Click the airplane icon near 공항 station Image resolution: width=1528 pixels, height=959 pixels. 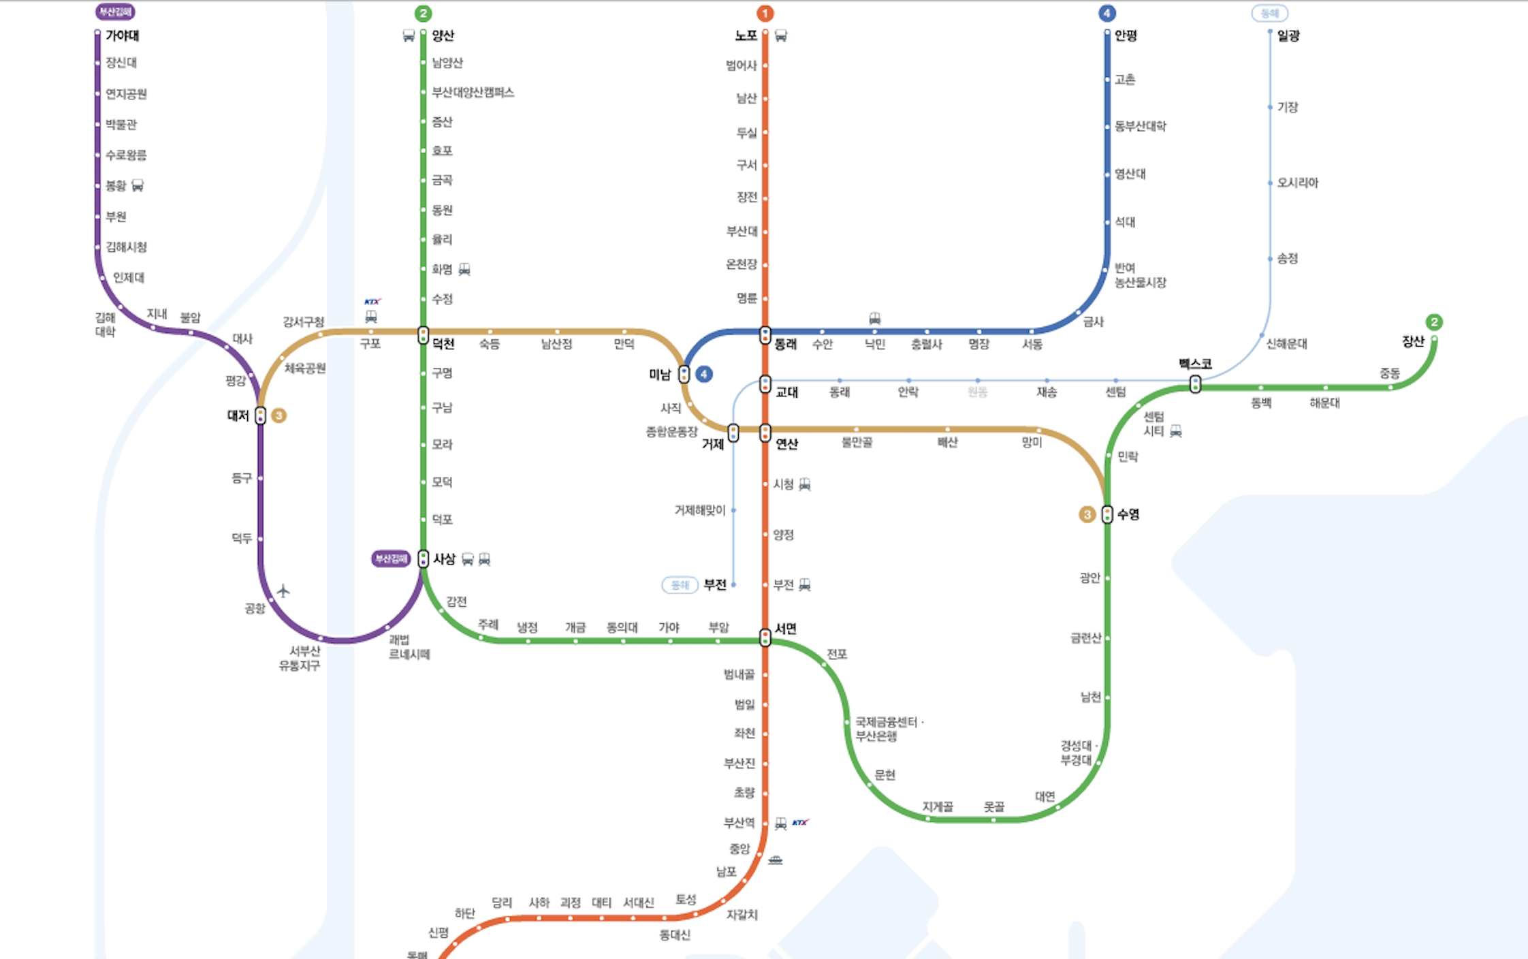(x=283, y=590)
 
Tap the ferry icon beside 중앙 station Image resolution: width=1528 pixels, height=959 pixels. (x=775, y=860)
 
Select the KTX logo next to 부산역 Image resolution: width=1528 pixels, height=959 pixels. (x=800, y=823)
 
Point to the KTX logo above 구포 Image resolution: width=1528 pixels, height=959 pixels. (x=372, y=302)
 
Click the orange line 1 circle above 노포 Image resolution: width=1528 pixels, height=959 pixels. (x=765, y=14)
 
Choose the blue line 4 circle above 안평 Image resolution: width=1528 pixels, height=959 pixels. (x=1107, y=14)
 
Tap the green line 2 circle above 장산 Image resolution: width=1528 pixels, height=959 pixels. (x=1434, y=322)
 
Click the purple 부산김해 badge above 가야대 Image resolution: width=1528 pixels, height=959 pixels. (x=115, y=12)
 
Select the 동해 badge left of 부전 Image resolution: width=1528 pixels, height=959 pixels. (x=680, y=585)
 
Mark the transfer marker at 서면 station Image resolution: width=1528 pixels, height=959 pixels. (x=765, y=638)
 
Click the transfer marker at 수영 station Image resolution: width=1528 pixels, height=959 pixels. (x=1107, y=514)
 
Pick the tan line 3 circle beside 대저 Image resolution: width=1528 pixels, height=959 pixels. (x=278, y=415)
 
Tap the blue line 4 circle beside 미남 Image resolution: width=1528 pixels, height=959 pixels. (x=704, y=374)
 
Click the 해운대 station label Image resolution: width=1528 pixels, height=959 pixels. (x=1324, y=403)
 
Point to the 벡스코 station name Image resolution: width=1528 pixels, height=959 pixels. (x=1195, y=364)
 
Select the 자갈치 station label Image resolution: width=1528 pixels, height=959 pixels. (x=742, y=915)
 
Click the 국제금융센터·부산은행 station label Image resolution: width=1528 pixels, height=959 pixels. (x=888, y=729)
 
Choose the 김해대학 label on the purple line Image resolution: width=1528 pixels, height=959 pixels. (x=106, y=325)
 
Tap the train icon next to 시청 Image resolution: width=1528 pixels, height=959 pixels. (x=805, y=484)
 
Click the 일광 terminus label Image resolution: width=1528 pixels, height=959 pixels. (x=1288, y=35)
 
